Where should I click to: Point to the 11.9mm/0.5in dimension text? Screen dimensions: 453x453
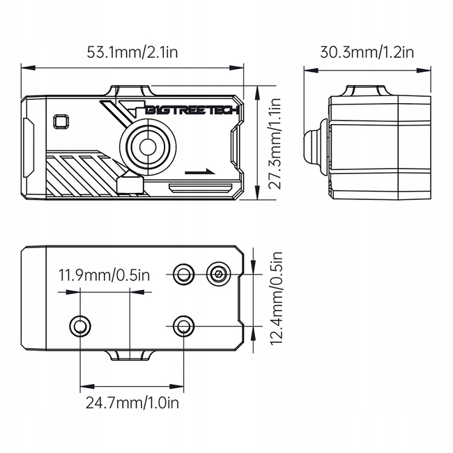point(104,274)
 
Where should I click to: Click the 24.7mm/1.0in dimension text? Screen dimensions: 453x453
point(132,402)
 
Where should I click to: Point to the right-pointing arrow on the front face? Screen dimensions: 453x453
point(201,169)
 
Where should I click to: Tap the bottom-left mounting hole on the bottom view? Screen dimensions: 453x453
point(80,325)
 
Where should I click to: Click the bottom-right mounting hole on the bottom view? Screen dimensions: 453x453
point(183,325)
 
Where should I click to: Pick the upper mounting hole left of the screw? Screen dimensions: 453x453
point(184,273)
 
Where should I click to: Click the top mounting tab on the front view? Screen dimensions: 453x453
point(130,89)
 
